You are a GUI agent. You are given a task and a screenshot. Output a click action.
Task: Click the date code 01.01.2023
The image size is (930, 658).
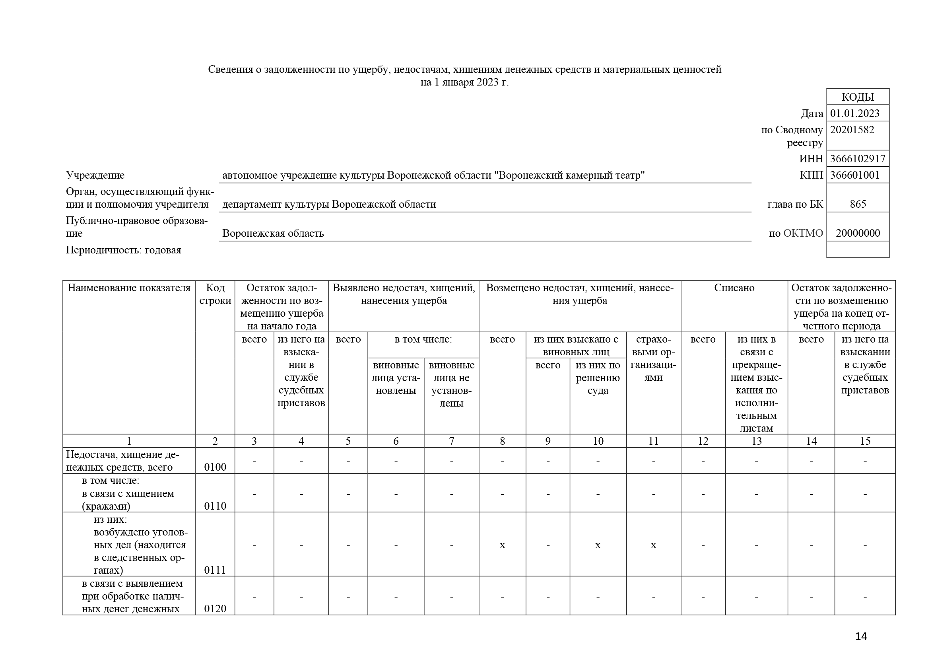pos(855,113)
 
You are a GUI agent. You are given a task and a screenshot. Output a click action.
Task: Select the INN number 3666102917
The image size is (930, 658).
pos(858,159)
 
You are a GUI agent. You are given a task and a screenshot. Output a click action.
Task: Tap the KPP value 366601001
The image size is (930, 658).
pos(855,175)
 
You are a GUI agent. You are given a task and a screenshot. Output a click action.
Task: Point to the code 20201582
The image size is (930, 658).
pos(852,130)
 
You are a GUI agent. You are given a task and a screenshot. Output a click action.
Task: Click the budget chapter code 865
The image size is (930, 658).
pos(858,204)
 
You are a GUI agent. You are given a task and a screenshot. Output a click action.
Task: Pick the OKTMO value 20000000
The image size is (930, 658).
pos(858,234)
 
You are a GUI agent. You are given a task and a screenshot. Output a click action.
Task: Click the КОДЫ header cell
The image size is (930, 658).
pos(858,97)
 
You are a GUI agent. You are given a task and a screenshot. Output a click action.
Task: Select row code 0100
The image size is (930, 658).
pos(215,467)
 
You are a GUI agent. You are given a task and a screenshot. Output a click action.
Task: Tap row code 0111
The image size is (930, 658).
pos(215,570)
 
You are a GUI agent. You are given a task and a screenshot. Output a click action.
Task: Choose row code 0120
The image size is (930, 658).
pos(215,609)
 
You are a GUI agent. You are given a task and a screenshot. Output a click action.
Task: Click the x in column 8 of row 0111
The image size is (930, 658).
pos(502,545)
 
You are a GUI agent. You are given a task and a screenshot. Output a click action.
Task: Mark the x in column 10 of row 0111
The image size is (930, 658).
pos(598,545)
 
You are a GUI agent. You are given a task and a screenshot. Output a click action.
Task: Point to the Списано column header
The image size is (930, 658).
pos(734,288)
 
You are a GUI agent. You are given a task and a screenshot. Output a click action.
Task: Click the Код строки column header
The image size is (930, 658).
pos(215,294)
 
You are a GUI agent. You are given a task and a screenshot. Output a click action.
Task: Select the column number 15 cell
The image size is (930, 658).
pos(865,441)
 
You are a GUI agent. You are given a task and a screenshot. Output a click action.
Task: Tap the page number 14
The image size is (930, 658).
pos(861,637)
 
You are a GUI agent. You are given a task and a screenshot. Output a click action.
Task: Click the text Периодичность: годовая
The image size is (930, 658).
pos(124,250)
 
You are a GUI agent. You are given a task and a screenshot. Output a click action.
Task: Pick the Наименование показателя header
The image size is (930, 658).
pos(129,288)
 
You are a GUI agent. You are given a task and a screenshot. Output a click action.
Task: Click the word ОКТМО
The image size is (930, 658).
pos(803,234)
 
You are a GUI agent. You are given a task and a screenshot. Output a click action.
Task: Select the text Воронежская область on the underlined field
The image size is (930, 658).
pos(273,234)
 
